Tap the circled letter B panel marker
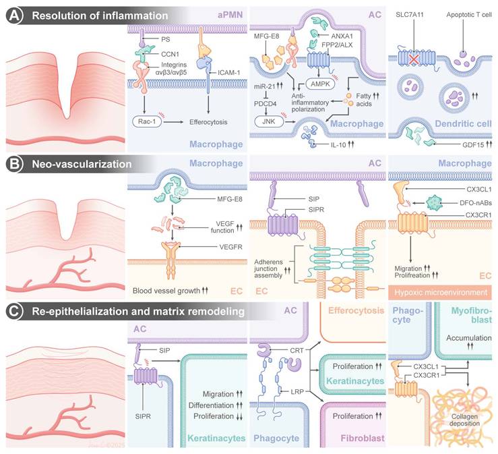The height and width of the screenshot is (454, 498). coord(11,164)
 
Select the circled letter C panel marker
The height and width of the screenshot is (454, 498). coord(11,311)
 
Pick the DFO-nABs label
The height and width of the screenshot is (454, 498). coord(457,219)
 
